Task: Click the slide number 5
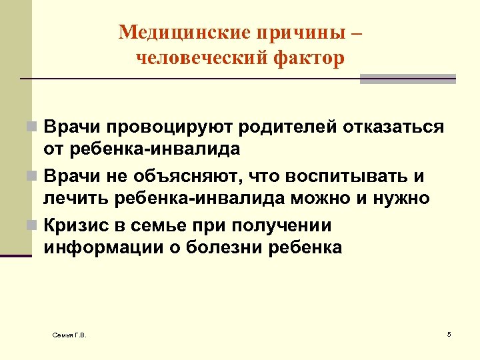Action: tap(449, 333)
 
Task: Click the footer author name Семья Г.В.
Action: tap(69, 334)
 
